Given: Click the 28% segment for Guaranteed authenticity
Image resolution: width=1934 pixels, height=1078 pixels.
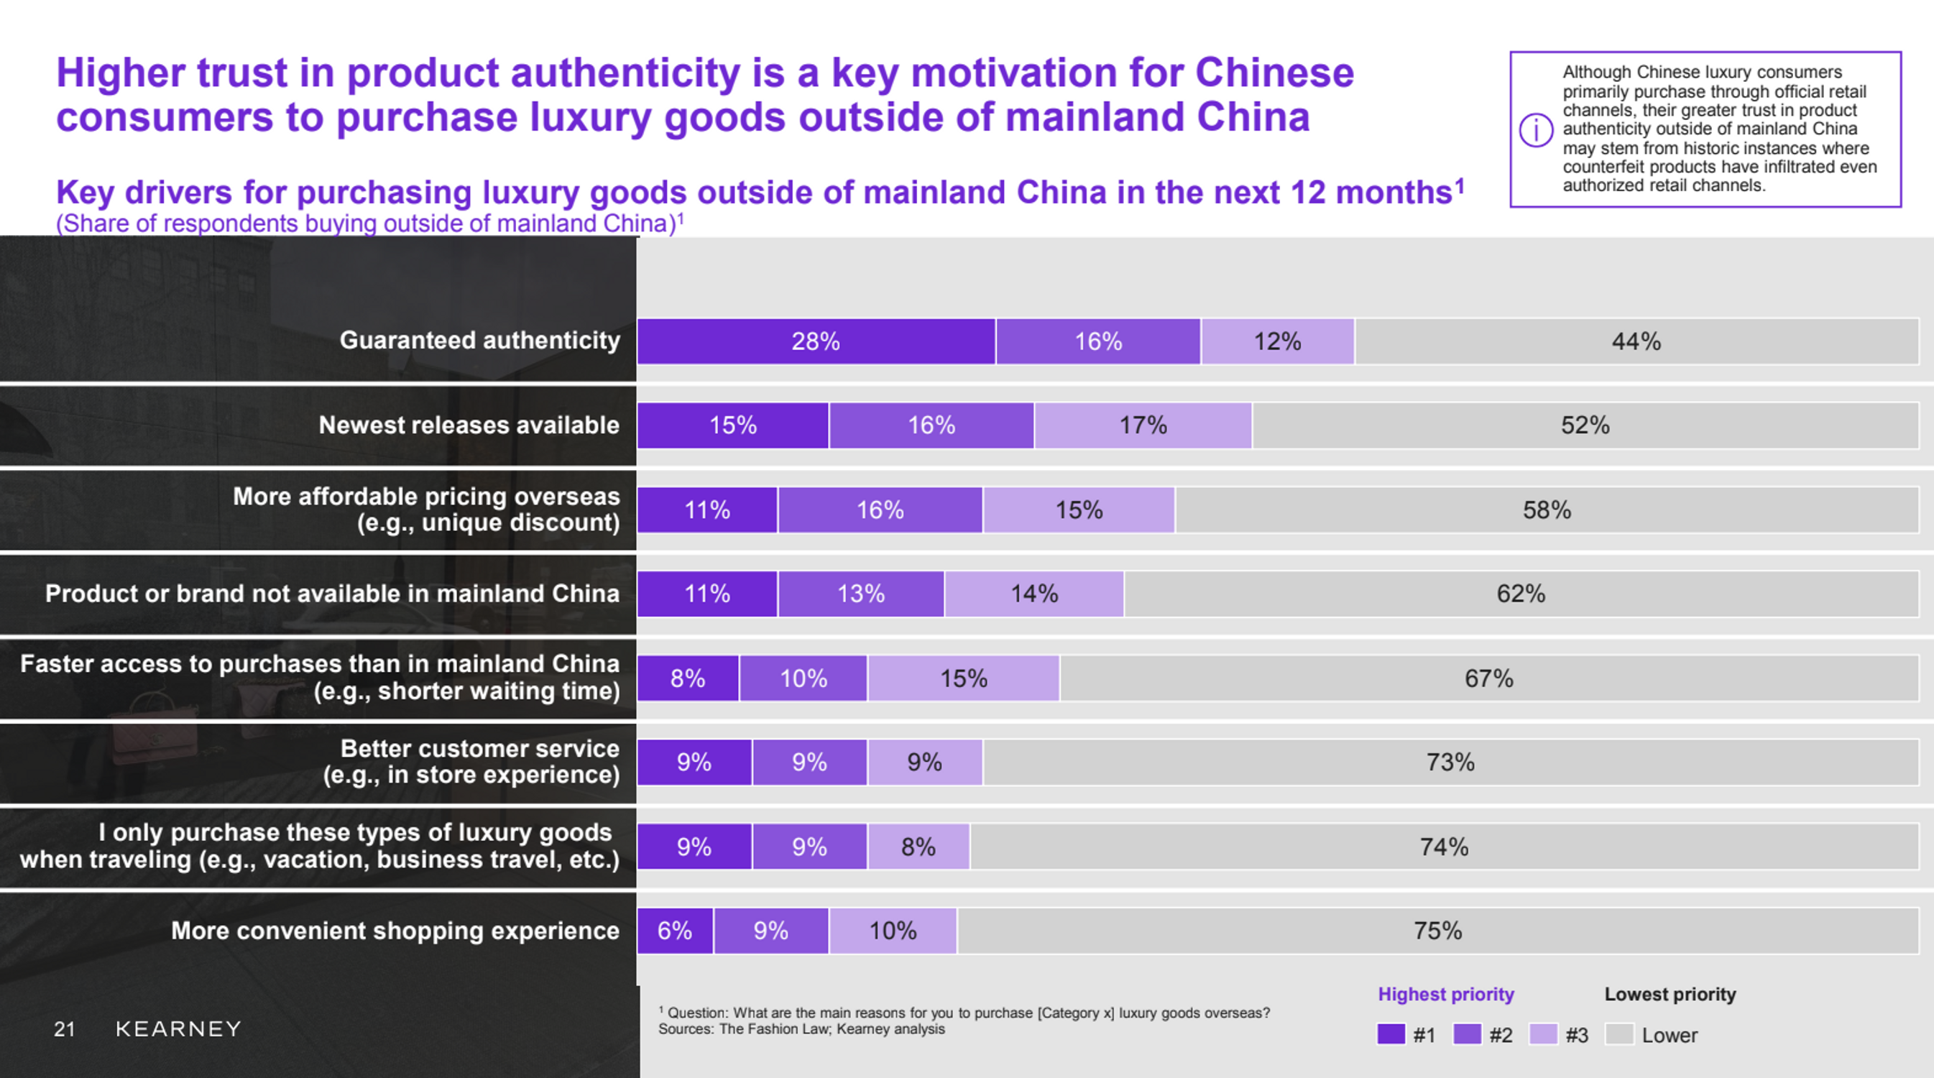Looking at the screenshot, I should point(816,341).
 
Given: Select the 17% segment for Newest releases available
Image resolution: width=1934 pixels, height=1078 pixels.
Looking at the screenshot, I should point(1143,425).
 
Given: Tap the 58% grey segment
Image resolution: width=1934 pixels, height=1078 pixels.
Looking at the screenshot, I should point(1547,510).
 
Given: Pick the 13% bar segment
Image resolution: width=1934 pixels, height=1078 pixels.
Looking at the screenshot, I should point(861,594).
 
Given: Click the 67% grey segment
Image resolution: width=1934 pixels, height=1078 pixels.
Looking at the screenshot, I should point(1489,678).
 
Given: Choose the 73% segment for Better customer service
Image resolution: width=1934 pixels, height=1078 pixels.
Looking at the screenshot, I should point(1450,763).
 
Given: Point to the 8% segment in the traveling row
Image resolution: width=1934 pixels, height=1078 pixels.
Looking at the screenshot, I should point(918,847).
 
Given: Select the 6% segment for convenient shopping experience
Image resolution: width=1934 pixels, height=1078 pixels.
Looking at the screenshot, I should point(675,931).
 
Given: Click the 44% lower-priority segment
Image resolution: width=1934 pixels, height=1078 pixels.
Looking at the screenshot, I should point(1636,341).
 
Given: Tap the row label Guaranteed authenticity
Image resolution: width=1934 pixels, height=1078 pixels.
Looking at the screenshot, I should point(480,340).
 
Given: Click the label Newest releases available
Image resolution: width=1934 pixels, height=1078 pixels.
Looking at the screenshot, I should point(469,425).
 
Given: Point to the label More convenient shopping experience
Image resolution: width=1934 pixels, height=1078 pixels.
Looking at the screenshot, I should point(395,931).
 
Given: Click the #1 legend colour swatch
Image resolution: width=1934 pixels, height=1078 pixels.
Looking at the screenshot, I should point(1391,1034).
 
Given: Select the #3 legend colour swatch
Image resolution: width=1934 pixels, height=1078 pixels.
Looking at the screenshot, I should point(1544,1034).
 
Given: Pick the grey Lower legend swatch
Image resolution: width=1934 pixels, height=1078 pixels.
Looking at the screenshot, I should point(1619,1034).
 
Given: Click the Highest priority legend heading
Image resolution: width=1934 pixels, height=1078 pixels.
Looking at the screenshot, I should point(1446,994).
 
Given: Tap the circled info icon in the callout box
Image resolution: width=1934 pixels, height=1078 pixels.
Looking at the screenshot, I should point(1536,130).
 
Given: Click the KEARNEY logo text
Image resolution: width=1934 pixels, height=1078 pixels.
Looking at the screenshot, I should point(179,1028).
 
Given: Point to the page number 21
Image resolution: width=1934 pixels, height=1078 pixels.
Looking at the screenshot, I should point(65,1028).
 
